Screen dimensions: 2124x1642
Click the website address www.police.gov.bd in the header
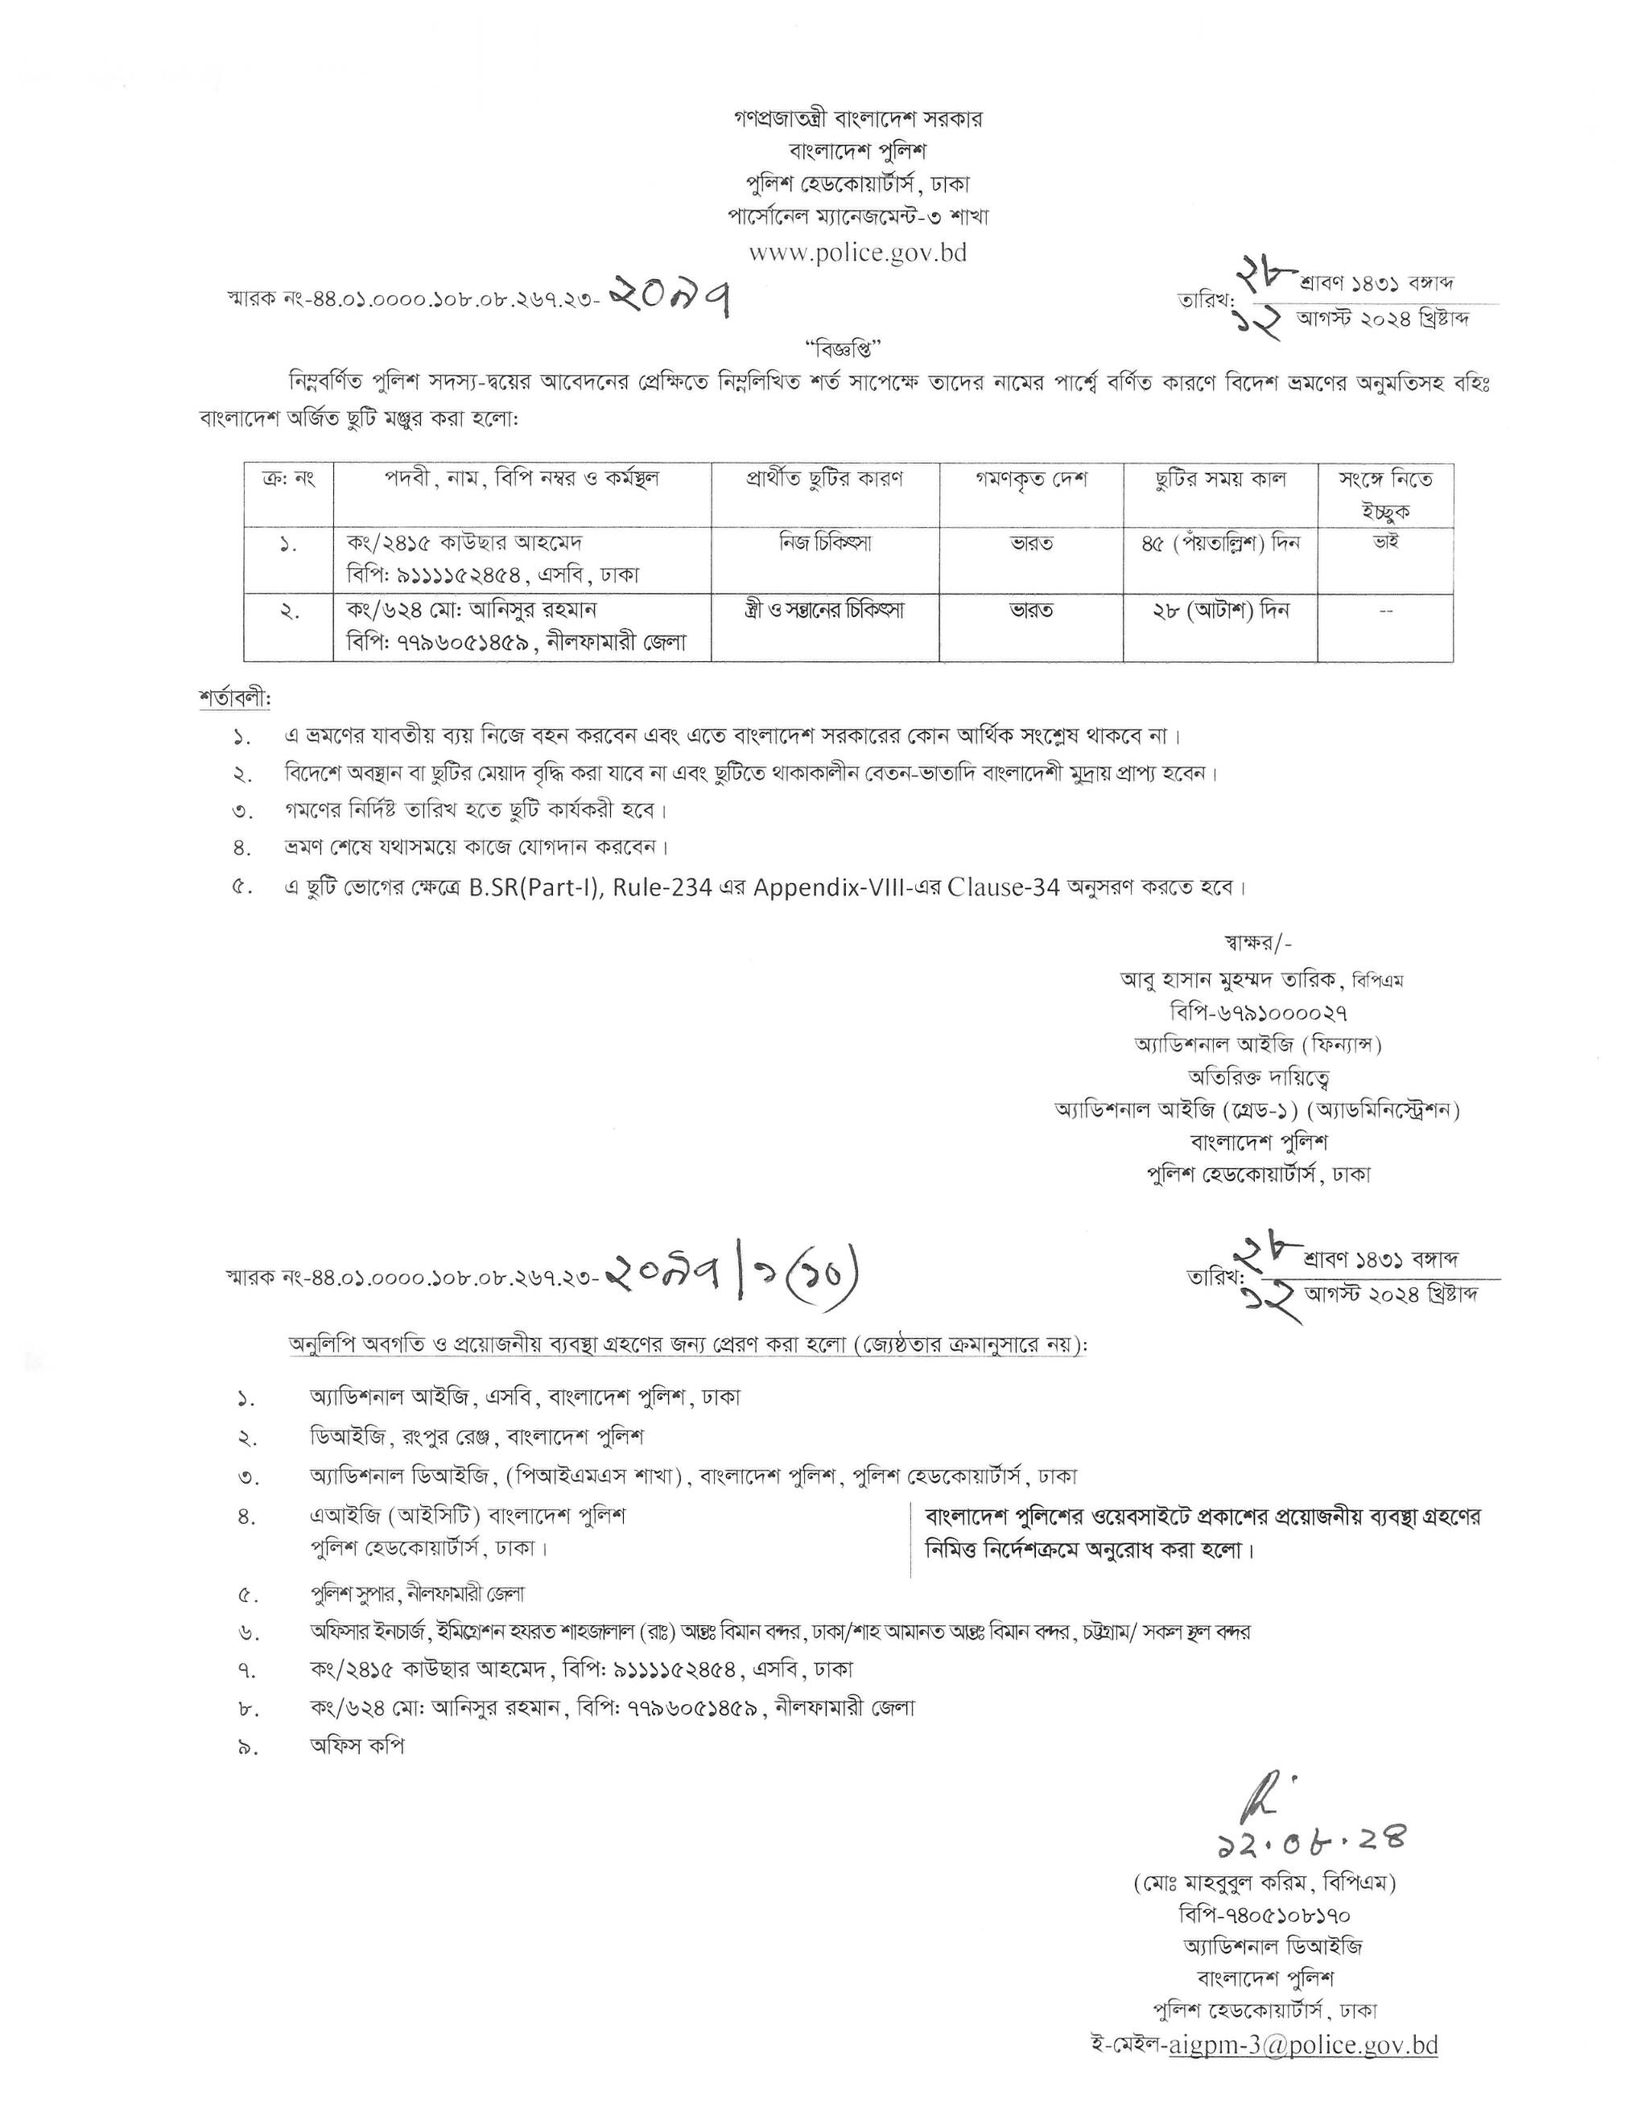click(x=857, y=253)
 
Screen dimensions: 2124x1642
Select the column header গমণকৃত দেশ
click(x=1031, y=480)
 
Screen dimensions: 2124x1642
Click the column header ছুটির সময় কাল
click(x=1219, y=480)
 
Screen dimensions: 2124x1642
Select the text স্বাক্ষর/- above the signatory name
click(x=1259, y=941)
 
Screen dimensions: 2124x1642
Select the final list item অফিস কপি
click(x=357, y=1745)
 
